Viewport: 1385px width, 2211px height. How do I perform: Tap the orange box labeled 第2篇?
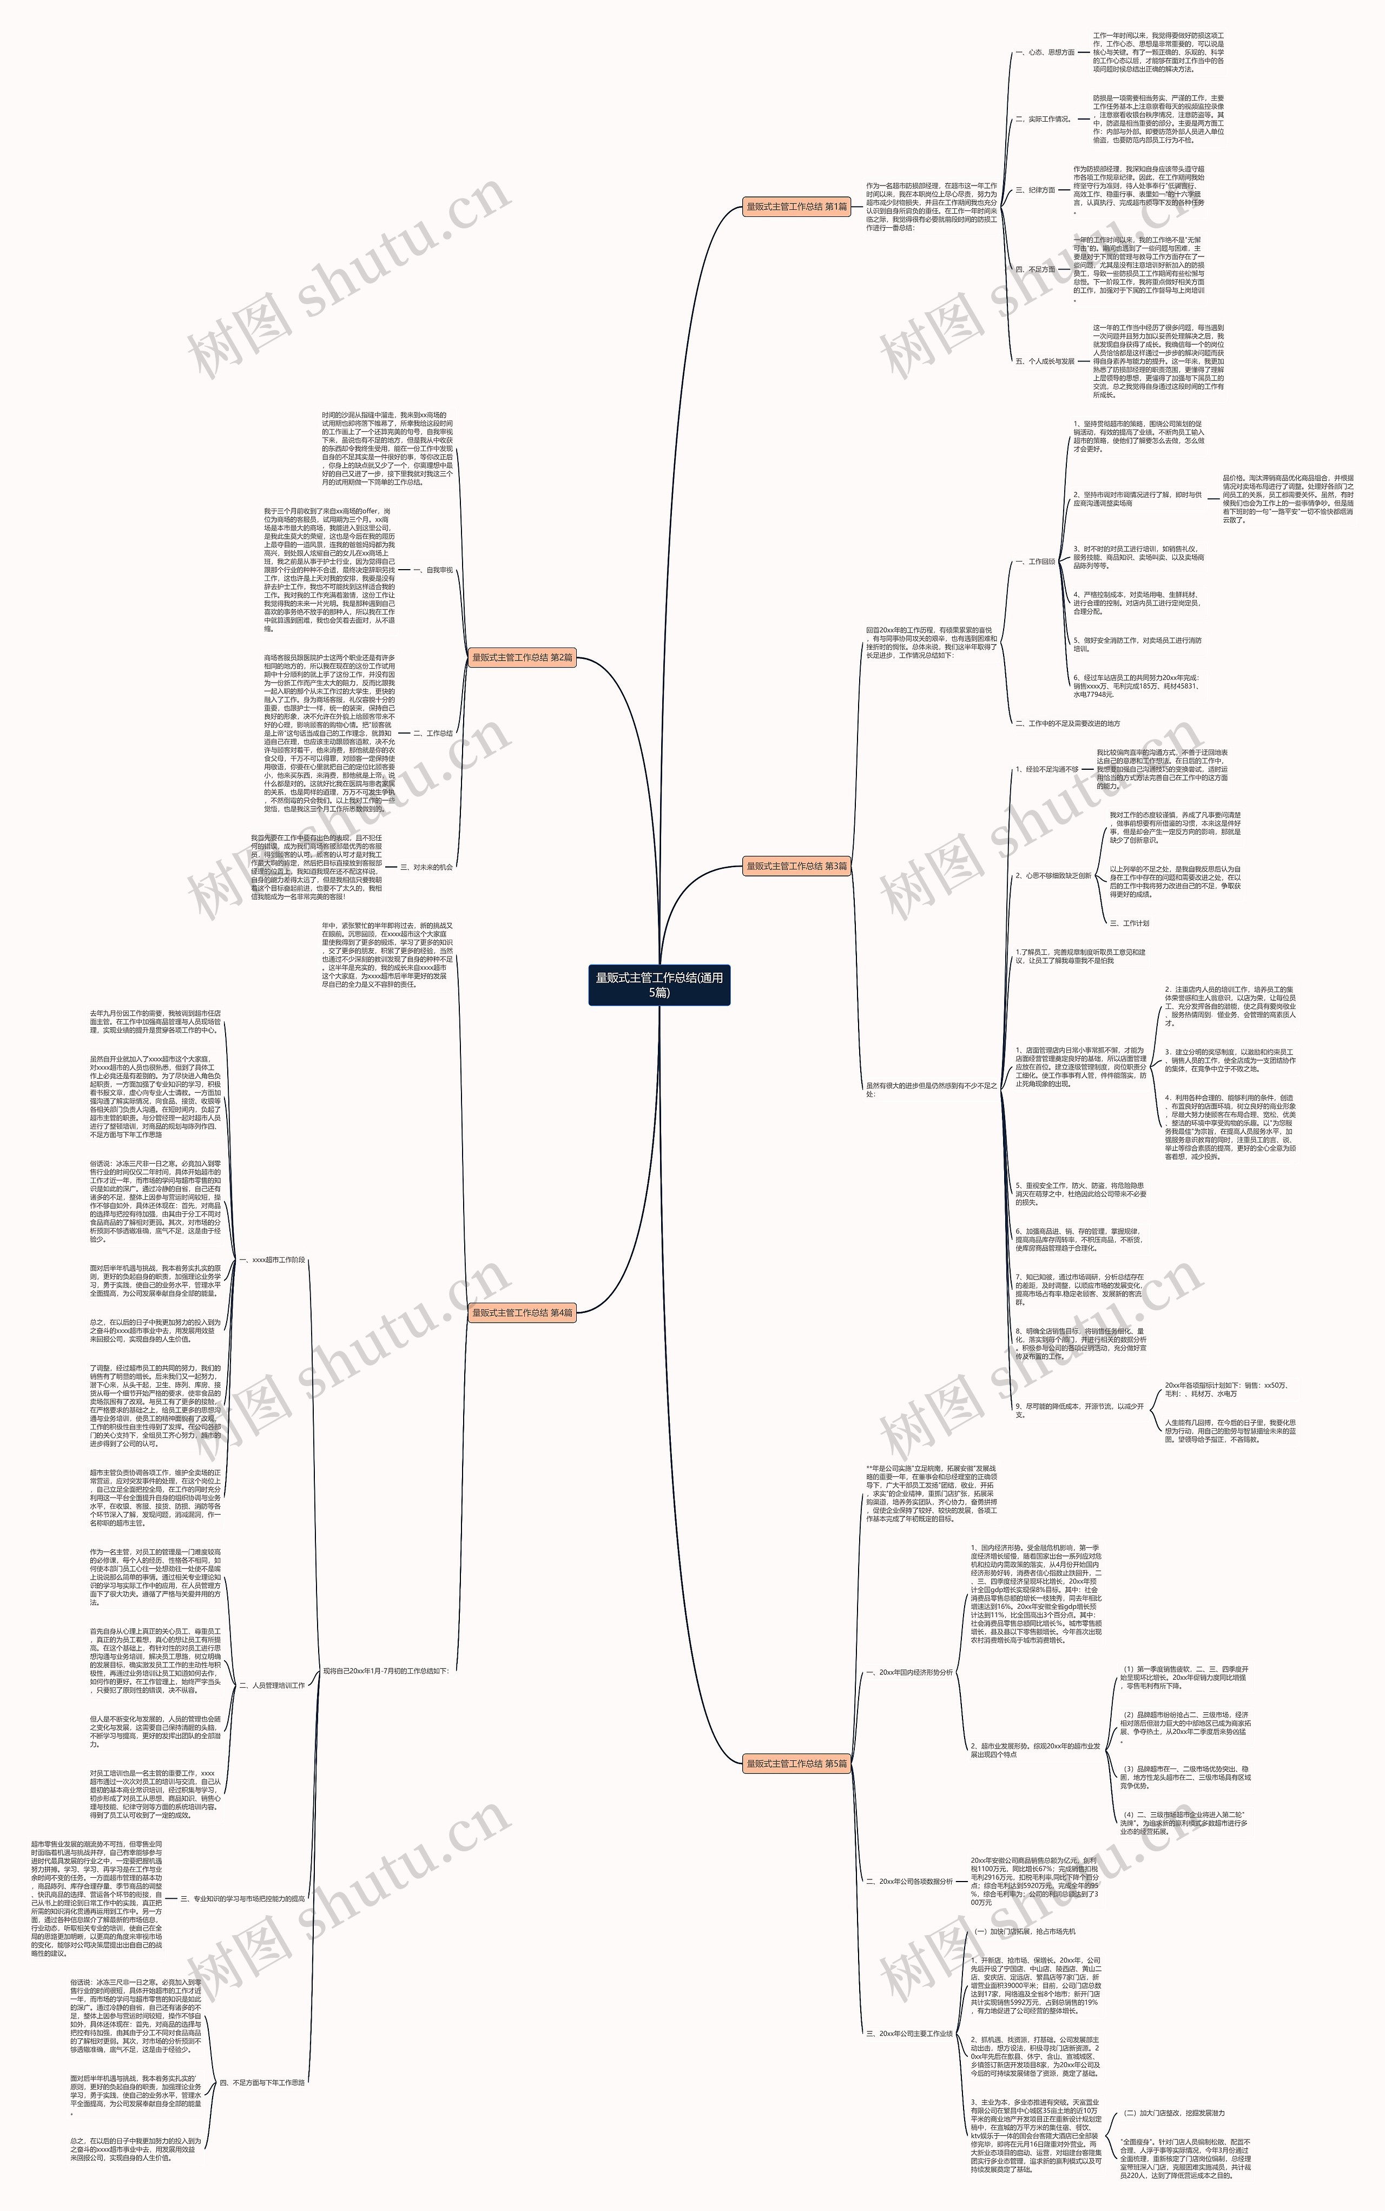click(x=522, y=658)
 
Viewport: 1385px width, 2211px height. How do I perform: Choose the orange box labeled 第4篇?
click(x=522, y=1312)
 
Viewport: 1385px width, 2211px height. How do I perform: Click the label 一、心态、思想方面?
click(x=1044, y=52)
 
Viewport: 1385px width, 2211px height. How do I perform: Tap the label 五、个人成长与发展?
click(x=1044, y=361)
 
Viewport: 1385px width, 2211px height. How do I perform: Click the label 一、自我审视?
click(x=432, y=570)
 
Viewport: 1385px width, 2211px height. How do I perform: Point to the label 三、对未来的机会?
click(x=426, y=867)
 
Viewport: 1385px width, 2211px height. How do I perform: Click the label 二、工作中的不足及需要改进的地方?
click(x=1067, y=724)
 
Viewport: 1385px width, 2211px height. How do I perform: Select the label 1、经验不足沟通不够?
click(x=1047, y=769)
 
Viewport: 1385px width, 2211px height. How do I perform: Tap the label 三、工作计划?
click(x=1129, y=923)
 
